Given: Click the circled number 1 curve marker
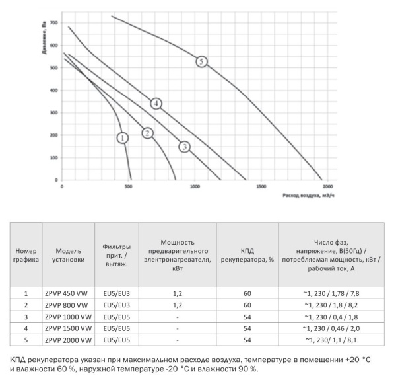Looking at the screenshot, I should click(x=122, y=138).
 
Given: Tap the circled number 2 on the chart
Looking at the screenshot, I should click(x=148, y=133).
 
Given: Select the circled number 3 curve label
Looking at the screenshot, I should click(x=185, y=147).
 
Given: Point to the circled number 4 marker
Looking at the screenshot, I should click(x=156, y=103).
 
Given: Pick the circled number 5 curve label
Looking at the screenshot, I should click(x=201, y=61).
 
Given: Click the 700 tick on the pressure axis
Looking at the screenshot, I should click(x=54, y=22).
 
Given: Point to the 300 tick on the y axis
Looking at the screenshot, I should click(x=54, y=113).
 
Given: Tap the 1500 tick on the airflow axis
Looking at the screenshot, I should click(x=261, y=188).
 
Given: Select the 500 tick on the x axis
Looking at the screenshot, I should click(x=128, y=188).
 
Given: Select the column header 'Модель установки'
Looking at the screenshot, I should click(x=69, y=255).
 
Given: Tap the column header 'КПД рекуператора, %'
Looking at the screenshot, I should click(x=247, y=255).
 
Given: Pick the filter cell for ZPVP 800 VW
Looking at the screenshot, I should click(x=117, y=305).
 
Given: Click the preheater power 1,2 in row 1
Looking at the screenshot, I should click(x=178, y=292).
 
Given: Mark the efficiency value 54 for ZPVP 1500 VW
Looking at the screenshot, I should click(x=247, y=328).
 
